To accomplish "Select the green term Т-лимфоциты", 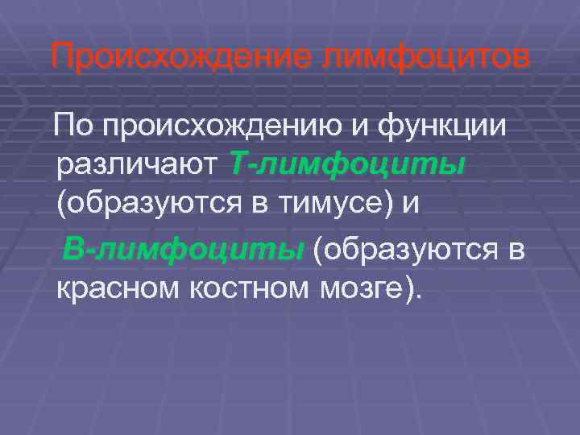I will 347,164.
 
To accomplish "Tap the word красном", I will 116,288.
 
